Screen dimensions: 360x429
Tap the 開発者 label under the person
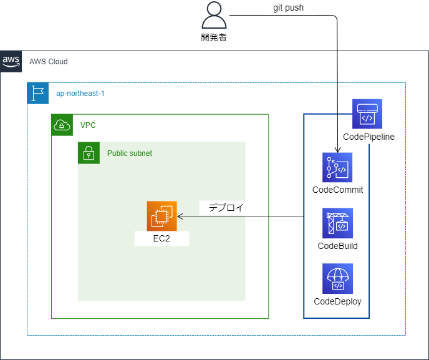click(x=214, y=37)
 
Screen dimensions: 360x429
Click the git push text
click(x=289, y=7)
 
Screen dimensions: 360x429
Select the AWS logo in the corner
click(x=11, y=61)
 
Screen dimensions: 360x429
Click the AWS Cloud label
click(x=49, y=62)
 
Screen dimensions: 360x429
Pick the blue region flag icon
click(x=38, y=93)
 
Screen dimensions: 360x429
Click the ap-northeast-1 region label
click(x=80, y=94)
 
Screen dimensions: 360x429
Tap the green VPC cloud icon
click(x=62, y=125)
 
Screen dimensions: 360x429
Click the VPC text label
click(x=88, y=125)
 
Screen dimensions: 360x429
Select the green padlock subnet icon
click(x=89, y=153)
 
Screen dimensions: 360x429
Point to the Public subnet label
click(x=129, y=153)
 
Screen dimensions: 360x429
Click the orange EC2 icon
click(x=162, y=216)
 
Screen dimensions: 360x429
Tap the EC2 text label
click(x=161, y=239)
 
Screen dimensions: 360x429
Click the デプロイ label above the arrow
click(x=226, y=208)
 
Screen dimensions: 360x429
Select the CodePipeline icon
click(x=367, y=114)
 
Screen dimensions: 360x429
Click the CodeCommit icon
click(x=337, y=167)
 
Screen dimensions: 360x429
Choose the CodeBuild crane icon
click(x=337, y=223)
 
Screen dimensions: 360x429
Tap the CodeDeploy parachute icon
click(x=337, y=279)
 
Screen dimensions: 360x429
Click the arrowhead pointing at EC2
click(x=180, y=216)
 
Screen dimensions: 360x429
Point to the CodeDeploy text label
click(x=337, y=301)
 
